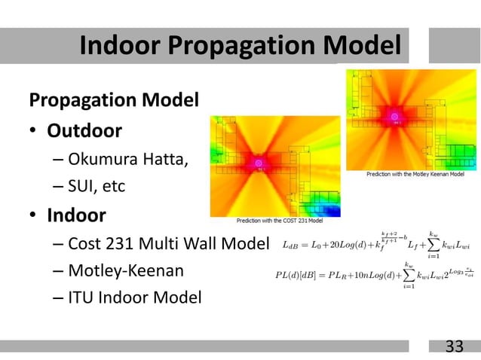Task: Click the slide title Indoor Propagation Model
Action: tap(240, 46)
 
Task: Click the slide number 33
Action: tap(454, 346)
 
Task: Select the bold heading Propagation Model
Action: tap(113, 99)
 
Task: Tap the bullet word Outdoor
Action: tap(84, 131)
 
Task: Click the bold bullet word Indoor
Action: tap(76, 215)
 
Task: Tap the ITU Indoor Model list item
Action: tap(134, 298)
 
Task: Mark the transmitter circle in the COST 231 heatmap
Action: tap(259, 163)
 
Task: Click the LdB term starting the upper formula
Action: tap(290, 244)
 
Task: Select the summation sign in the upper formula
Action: tap(435, 244)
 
